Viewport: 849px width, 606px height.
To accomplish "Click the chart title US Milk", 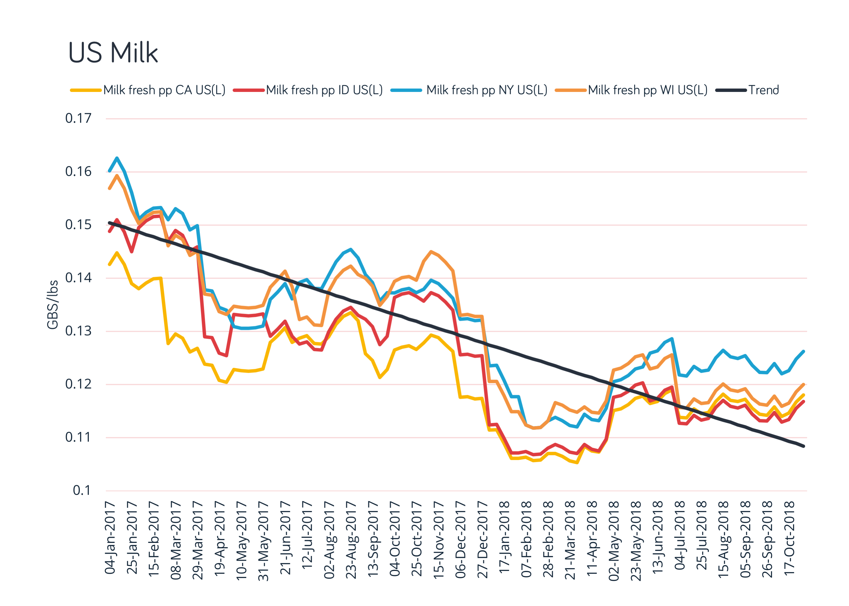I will pyautogui.click(x=113, y=52).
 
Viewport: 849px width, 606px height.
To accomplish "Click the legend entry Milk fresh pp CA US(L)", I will pyautogui.click(x=164, y=90).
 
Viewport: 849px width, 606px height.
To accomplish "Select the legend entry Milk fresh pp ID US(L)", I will pyautogui.click(x=324, y=90).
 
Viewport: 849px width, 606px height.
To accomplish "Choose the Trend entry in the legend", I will pyautogui.click(x=764, y=90).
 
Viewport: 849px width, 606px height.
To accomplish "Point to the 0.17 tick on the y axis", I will pyautogui.click(x=78, y=118).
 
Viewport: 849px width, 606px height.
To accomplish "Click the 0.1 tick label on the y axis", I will pyautogui.click(x=82, y=490).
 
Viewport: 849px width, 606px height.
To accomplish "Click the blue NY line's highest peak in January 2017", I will pyautogui.click(x=117, y=158).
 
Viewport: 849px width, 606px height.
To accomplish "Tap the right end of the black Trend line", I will pyautogui.click(x=803, y=446).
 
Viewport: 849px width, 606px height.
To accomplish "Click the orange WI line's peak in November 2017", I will pyautogui.click(x=431, y=252).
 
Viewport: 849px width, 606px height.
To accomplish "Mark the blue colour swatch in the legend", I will pyautogui.click(x=406, y=90).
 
